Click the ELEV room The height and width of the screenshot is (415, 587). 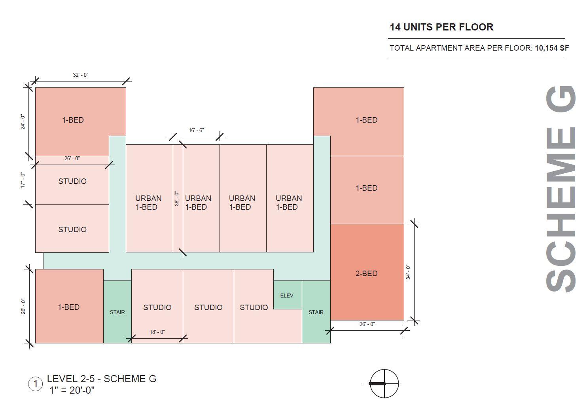pyautogui.click(x=287, y=295)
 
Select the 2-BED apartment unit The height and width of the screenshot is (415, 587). pyautogui.click(x=367, y=273)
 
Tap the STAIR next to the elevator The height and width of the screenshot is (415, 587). pyautogui.click(x=316, y=312)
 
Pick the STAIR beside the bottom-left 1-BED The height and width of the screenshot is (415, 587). pyautogui.click(x=117, y=312)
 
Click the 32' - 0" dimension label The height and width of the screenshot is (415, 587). pyautogui.click(x=81, y=75)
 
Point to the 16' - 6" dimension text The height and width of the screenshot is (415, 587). pyautogui.click(x=196, y=130)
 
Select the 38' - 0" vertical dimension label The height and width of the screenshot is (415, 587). pyautogui.click(x=177, y=198)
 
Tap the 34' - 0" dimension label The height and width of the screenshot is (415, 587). pyautogui.click(x=408, y=272)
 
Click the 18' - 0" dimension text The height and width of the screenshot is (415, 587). pyautogui.click(x=157, y=332)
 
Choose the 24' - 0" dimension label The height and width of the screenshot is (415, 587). pyautogui.click(x=23, y=122)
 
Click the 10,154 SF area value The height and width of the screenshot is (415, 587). pyautogui.click(x=552, y=48)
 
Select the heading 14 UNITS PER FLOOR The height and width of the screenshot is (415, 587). pyautogui.click(x=441, y=27)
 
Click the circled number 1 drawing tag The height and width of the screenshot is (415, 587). pyautogui.click(x=36, y=384)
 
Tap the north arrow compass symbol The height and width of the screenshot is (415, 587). pyautogui.click(x=384, y=383)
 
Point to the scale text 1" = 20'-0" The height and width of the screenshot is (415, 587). pyautogui.click(x=72, y=390)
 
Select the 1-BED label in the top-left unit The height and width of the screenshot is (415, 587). pyautogui.click(x=73, y=120)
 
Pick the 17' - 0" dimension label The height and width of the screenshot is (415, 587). pyautogui.click(x=23, y=180)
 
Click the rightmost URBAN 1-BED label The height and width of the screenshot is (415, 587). pyautogui.click(x=289, y=202)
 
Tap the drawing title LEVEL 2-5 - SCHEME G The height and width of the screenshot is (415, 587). pyautogui.click(x=102, y=379)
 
